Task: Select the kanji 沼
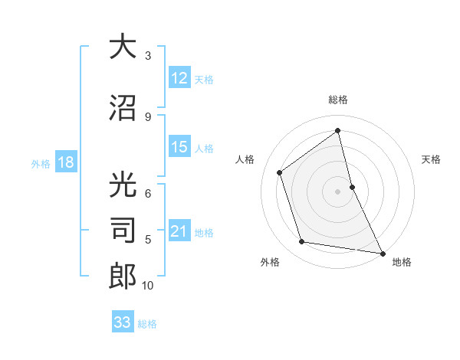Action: point(123,107)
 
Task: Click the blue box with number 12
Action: point(179,78)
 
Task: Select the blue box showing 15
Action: point(179,148)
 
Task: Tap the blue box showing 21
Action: point(179,232)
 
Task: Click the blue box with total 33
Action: point(123,322)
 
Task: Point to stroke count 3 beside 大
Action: point(148,56)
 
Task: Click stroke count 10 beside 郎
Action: point(148,286)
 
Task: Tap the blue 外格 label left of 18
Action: point(41,163)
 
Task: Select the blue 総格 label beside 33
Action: point(147,324)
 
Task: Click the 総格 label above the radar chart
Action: point(337,100)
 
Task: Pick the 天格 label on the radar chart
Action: point(431,159)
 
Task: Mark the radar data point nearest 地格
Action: point(382,252)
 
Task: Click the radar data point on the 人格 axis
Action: point(280,172)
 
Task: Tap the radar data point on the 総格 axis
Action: point(337,130)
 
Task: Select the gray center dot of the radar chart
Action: point(337,191)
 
